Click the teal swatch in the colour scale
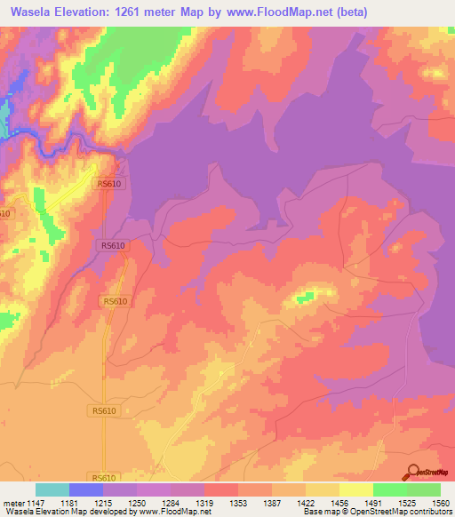click(x=52, y=489)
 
